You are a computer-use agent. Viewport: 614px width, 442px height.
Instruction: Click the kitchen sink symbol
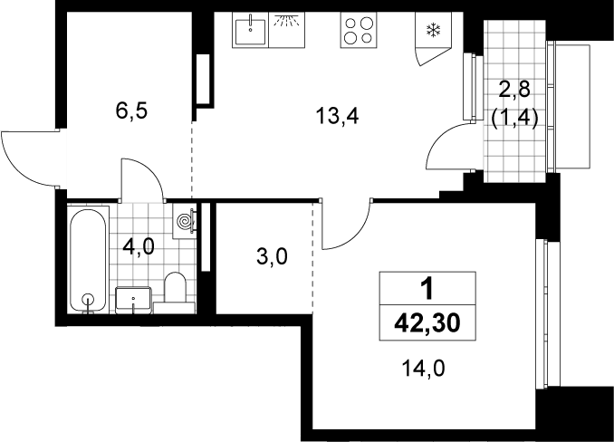250,30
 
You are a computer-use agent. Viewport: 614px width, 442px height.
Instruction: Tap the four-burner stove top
359,30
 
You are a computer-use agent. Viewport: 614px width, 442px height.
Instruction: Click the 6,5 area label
131,111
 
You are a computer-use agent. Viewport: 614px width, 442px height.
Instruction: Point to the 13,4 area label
337,116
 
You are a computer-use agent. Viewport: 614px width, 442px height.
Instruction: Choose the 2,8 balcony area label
514,90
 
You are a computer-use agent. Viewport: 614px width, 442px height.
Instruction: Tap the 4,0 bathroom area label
139,247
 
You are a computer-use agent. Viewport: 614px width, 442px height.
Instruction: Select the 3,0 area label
273,257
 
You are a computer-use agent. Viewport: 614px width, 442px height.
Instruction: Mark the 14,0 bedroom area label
423,369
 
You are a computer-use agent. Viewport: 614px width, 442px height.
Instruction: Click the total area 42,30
427,323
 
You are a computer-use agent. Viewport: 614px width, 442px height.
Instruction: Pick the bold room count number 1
427,289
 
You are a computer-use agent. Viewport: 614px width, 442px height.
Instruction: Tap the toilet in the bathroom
175,293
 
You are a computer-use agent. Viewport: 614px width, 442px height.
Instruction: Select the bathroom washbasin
133,300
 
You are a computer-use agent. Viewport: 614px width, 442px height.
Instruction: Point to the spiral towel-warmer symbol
184,222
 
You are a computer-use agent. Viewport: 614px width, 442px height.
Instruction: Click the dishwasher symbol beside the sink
287,30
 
